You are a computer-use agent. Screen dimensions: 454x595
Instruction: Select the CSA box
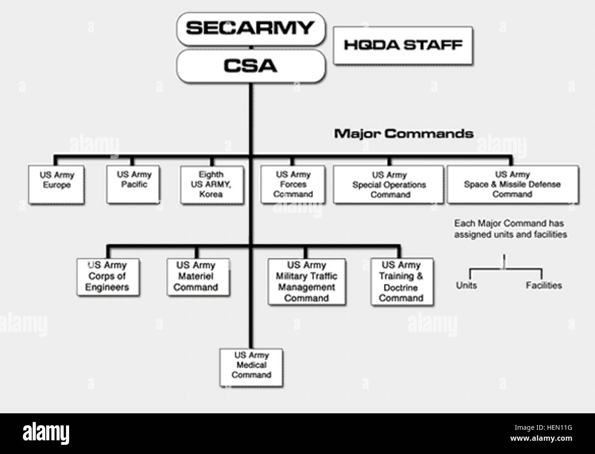[x=250, y=66]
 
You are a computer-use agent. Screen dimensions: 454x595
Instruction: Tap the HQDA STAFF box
[x=403, y=45]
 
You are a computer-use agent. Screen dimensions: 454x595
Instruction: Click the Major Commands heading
[x=403, y=134]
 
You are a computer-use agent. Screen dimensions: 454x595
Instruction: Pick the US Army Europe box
[x=57, y=184]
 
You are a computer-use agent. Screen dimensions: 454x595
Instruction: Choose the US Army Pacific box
[x=134, y=183]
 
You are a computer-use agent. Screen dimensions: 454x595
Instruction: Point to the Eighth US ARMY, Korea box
[x=211, y=184]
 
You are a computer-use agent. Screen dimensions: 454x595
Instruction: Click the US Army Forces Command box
[x=293, y=184]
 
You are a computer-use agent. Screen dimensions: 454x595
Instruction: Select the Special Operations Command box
[x=389, y=184]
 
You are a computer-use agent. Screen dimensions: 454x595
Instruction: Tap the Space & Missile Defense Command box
[x=512, y=184]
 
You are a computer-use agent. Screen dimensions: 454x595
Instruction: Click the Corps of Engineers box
[x=108, y=277]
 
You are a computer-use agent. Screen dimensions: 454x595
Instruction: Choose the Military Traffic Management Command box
[x=306, y=282]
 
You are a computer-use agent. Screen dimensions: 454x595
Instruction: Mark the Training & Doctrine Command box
[x=401, y=282]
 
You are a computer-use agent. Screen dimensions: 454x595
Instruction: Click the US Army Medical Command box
[x=251, y=365]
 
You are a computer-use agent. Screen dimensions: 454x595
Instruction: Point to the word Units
[x=466, y=286]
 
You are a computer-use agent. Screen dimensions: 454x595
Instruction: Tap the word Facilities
[x=544, y=286]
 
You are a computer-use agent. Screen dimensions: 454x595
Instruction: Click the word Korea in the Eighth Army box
[x=211, y=194]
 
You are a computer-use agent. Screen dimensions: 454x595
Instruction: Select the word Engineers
[x=107, y=288]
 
